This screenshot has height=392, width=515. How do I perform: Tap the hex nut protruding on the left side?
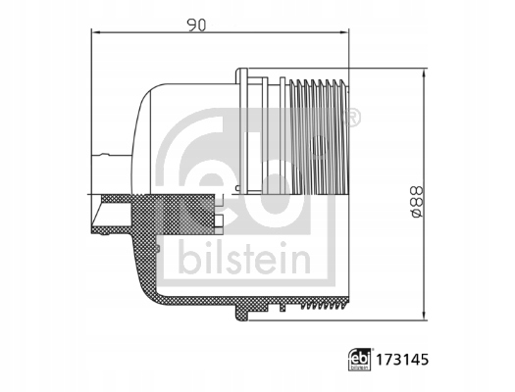pos(104,168)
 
